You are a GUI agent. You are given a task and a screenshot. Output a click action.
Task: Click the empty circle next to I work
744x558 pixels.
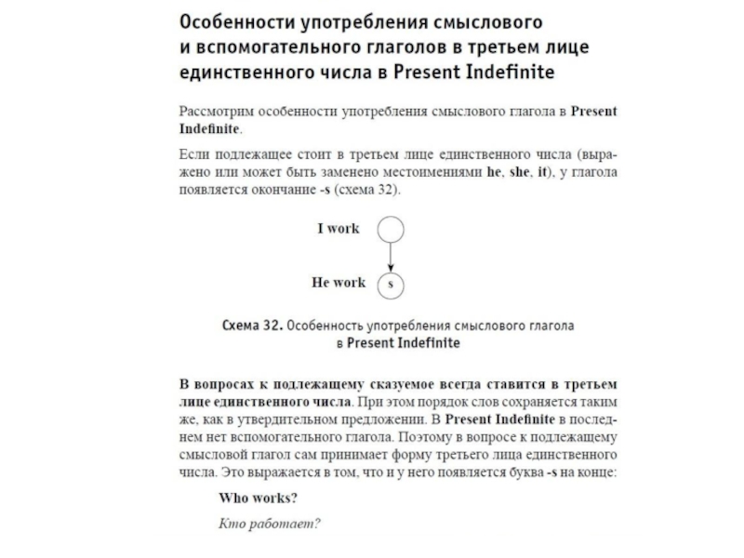click(x=392, y=229)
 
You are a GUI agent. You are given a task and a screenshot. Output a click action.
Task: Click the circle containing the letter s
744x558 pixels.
click(x=392, y=284)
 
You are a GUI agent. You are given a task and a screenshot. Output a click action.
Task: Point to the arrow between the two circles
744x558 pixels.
click(x=392, y=256)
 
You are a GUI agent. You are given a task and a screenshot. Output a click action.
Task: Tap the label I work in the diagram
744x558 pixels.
click(x=338, y=229)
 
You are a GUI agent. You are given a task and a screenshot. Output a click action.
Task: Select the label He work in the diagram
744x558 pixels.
click(x=338, y=283)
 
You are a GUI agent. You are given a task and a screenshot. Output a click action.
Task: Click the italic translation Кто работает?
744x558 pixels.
click(x=269, y=523)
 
